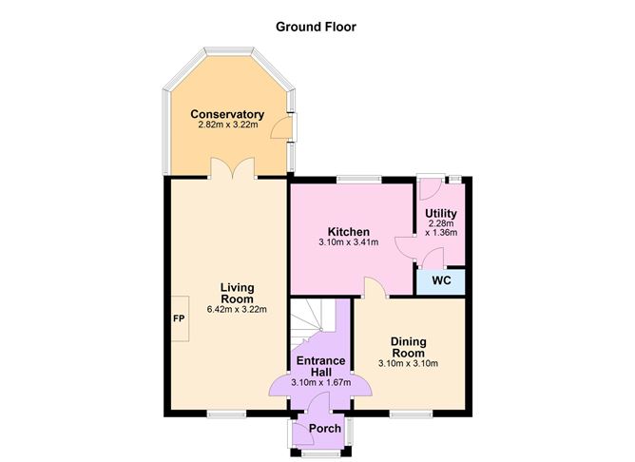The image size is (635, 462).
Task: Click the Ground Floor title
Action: (317, 27)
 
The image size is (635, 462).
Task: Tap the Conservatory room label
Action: (227, 114)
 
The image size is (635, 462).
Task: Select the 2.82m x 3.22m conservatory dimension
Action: (227, 125)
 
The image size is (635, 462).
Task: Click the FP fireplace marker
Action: (178, 318)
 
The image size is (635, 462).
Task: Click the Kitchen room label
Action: (348, 232)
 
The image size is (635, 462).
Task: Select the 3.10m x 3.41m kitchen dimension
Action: (348, 243)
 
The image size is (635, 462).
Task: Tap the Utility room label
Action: (441, 213)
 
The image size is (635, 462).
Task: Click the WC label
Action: (441, 281)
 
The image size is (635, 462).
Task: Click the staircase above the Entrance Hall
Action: (317, 323)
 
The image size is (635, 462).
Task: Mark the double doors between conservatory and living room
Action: (231, 168)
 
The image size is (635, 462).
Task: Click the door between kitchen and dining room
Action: (375, 289)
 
